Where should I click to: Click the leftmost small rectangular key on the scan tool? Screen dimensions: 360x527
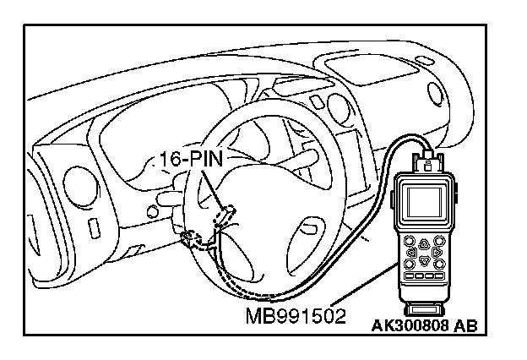click(409, 276)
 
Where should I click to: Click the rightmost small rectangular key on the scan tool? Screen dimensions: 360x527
click(441, 276)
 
